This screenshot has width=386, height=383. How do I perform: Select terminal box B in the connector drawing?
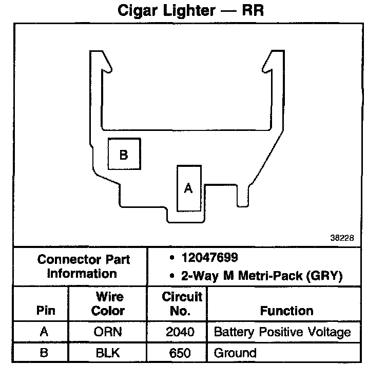click(x=124, y=154)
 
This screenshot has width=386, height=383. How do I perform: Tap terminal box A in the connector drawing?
click(x=188, y=188)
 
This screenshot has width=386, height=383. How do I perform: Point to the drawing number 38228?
click(x=342, y=238)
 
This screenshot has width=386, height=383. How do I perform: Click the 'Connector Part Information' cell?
click(x=83, y=266)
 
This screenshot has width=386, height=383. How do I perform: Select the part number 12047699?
click(x=209, y=257)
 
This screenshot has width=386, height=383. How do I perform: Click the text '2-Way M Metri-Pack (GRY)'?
click(x=262, y=276)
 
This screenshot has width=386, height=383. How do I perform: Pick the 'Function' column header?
click(x=286, y=311)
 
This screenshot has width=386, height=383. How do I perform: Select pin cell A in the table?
click(x=44, y=332)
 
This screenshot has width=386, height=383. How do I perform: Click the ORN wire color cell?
click(x=108, y=332)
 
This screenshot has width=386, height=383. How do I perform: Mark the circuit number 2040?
click(x=181, y=332)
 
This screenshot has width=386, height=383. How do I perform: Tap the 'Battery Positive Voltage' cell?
click(x=282, y=332)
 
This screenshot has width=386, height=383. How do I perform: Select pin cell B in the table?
click(x=44, y=353)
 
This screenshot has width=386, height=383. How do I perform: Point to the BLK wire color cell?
click(x=108, y=353)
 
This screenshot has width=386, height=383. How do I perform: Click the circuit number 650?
click(x=181, y=353)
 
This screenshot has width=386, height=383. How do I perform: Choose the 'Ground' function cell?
click(x=235, y=353)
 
